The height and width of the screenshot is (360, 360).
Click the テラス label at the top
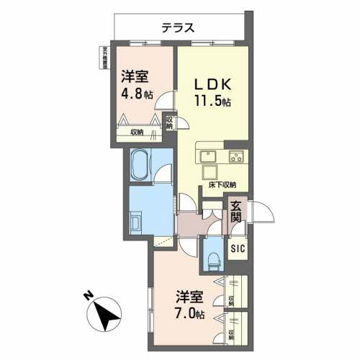pos(176,29)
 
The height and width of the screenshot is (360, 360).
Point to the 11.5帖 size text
pos(213,101)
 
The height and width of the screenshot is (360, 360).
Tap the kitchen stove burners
pos(236,157)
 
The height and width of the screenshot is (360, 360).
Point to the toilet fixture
pos(214,255)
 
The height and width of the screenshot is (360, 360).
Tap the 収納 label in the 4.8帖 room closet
pos(137,132)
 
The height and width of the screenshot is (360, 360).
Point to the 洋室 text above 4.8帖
pos(135,76)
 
